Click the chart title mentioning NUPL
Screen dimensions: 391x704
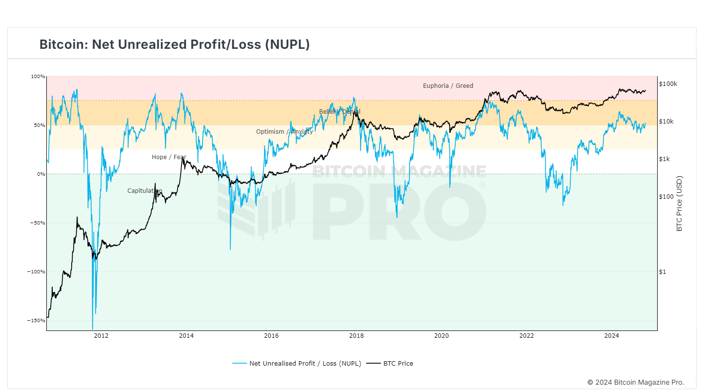174,44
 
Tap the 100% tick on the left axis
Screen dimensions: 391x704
38,77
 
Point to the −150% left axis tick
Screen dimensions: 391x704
37,321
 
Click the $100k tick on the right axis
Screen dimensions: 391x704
668,84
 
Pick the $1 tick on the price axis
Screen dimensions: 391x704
662,272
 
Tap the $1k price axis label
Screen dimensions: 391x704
664,159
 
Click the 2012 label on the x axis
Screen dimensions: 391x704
101,336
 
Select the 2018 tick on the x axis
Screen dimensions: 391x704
356,336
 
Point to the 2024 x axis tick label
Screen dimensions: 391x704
611,336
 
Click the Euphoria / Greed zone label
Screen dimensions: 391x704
448,86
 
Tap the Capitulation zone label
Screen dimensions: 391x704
144,191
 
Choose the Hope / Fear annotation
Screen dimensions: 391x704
169,157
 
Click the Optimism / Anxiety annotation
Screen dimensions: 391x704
284,132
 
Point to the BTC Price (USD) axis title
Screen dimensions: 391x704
679,204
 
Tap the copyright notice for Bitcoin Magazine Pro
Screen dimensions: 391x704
636,382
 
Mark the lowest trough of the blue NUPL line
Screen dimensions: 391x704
92,329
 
